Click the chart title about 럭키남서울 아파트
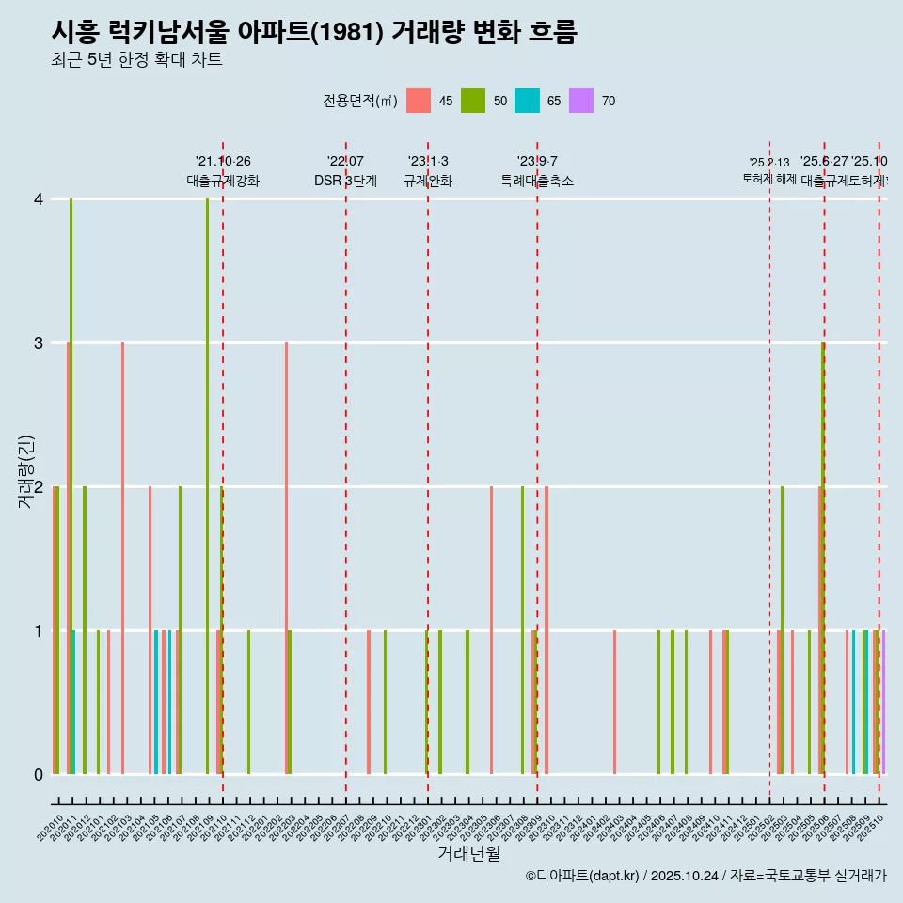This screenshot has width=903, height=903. [313, 32]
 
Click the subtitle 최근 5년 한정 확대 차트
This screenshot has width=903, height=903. [136, 60]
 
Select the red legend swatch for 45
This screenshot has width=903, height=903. [419, 101]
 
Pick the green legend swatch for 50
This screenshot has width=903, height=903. [473, 101]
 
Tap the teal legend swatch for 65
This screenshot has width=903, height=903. [527, 101]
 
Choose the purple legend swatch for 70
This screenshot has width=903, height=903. [581, 101]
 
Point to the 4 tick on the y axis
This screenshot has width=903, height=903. [39, 199]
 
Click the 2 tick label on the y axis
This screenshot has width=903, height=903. [39, 487]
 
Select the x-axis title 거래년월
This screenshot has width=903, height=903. [468, 853]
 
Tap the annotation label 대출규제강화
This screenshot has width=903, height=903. [223, 181]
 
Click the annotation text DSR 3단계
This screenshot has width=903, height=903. [345, 181]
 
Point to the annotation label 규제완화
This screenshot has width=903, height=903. [428, 181]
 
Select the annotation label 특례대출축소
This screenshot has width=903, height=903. [536, 181]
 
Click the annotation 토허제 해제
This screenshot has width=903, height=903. [769, 178]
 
